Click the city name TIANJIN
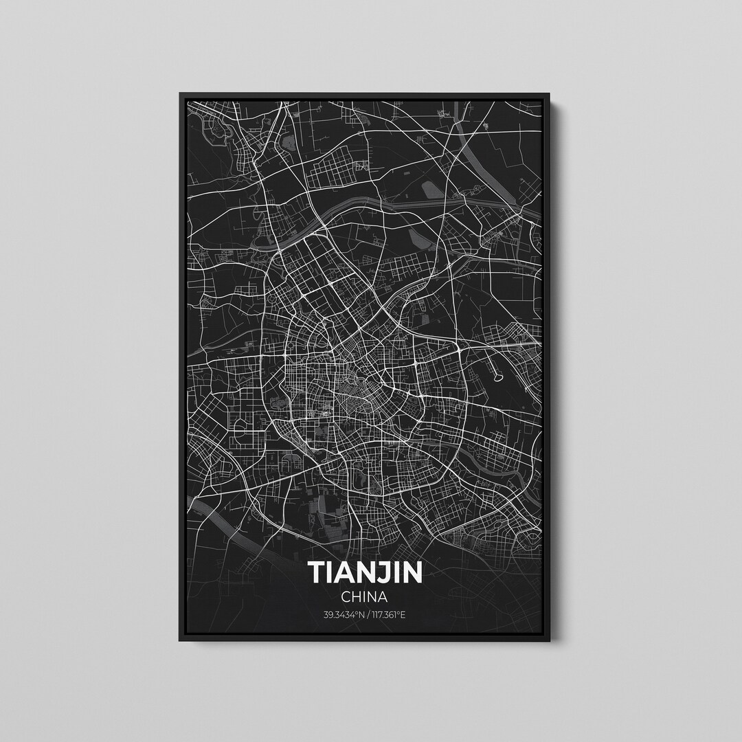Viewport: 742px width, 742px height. click(365, 572)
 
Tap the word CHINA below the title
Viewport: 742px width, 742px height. click(365, 596)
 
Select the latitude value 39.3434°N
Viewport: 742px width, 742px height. click(343, 614)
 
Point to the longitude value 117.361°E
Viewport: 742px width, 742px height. click(387, 614)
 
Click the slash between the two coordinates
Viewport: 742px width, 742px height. click(366, 614)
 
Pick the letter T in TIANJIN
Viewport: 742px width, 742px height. click(317, 572)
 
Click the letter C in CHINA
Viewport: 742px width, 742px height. click(345, 596)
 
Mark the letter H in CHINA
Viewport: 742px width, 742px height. click(356, 596)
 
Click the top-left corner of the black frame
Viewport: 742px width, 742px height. click(181, 94)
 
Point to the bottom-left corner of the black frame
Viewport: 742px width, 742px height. click(181, 640)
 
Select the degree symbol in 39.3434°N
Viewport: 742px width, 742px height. click(356, 613)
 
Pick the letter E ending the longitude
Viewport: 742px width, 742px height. click(403, 614)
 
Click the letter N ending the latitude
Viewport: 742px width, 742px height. click(360, 614)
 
